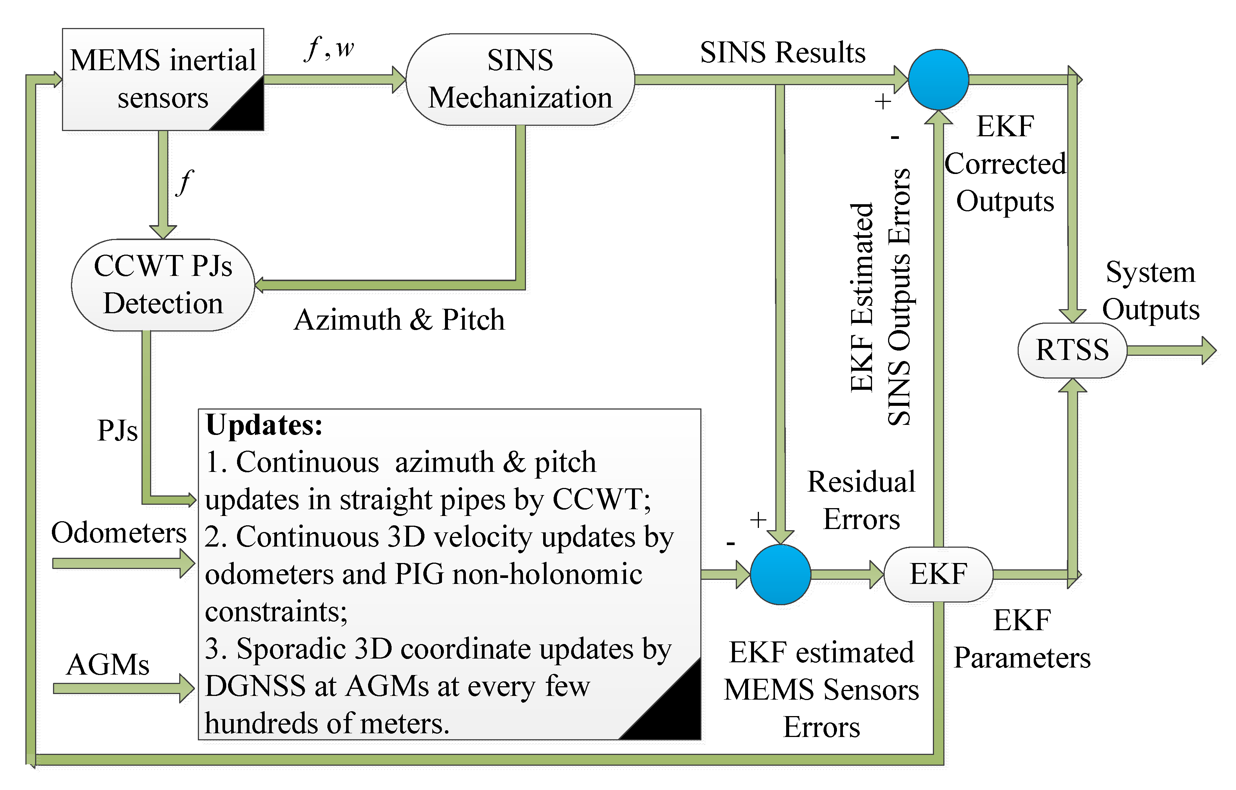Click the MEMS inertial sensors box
163,79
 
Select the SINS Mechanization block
520,80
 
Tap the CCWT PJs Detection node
163,285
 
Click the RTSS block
1072,350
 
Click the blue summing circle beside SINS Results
938,80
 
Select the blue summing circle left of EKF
780,575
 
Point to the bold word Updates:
264,425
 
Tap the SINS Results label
783,52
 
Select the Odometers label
119,532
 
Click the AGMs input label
108,665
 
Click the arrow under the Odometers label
124,564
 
